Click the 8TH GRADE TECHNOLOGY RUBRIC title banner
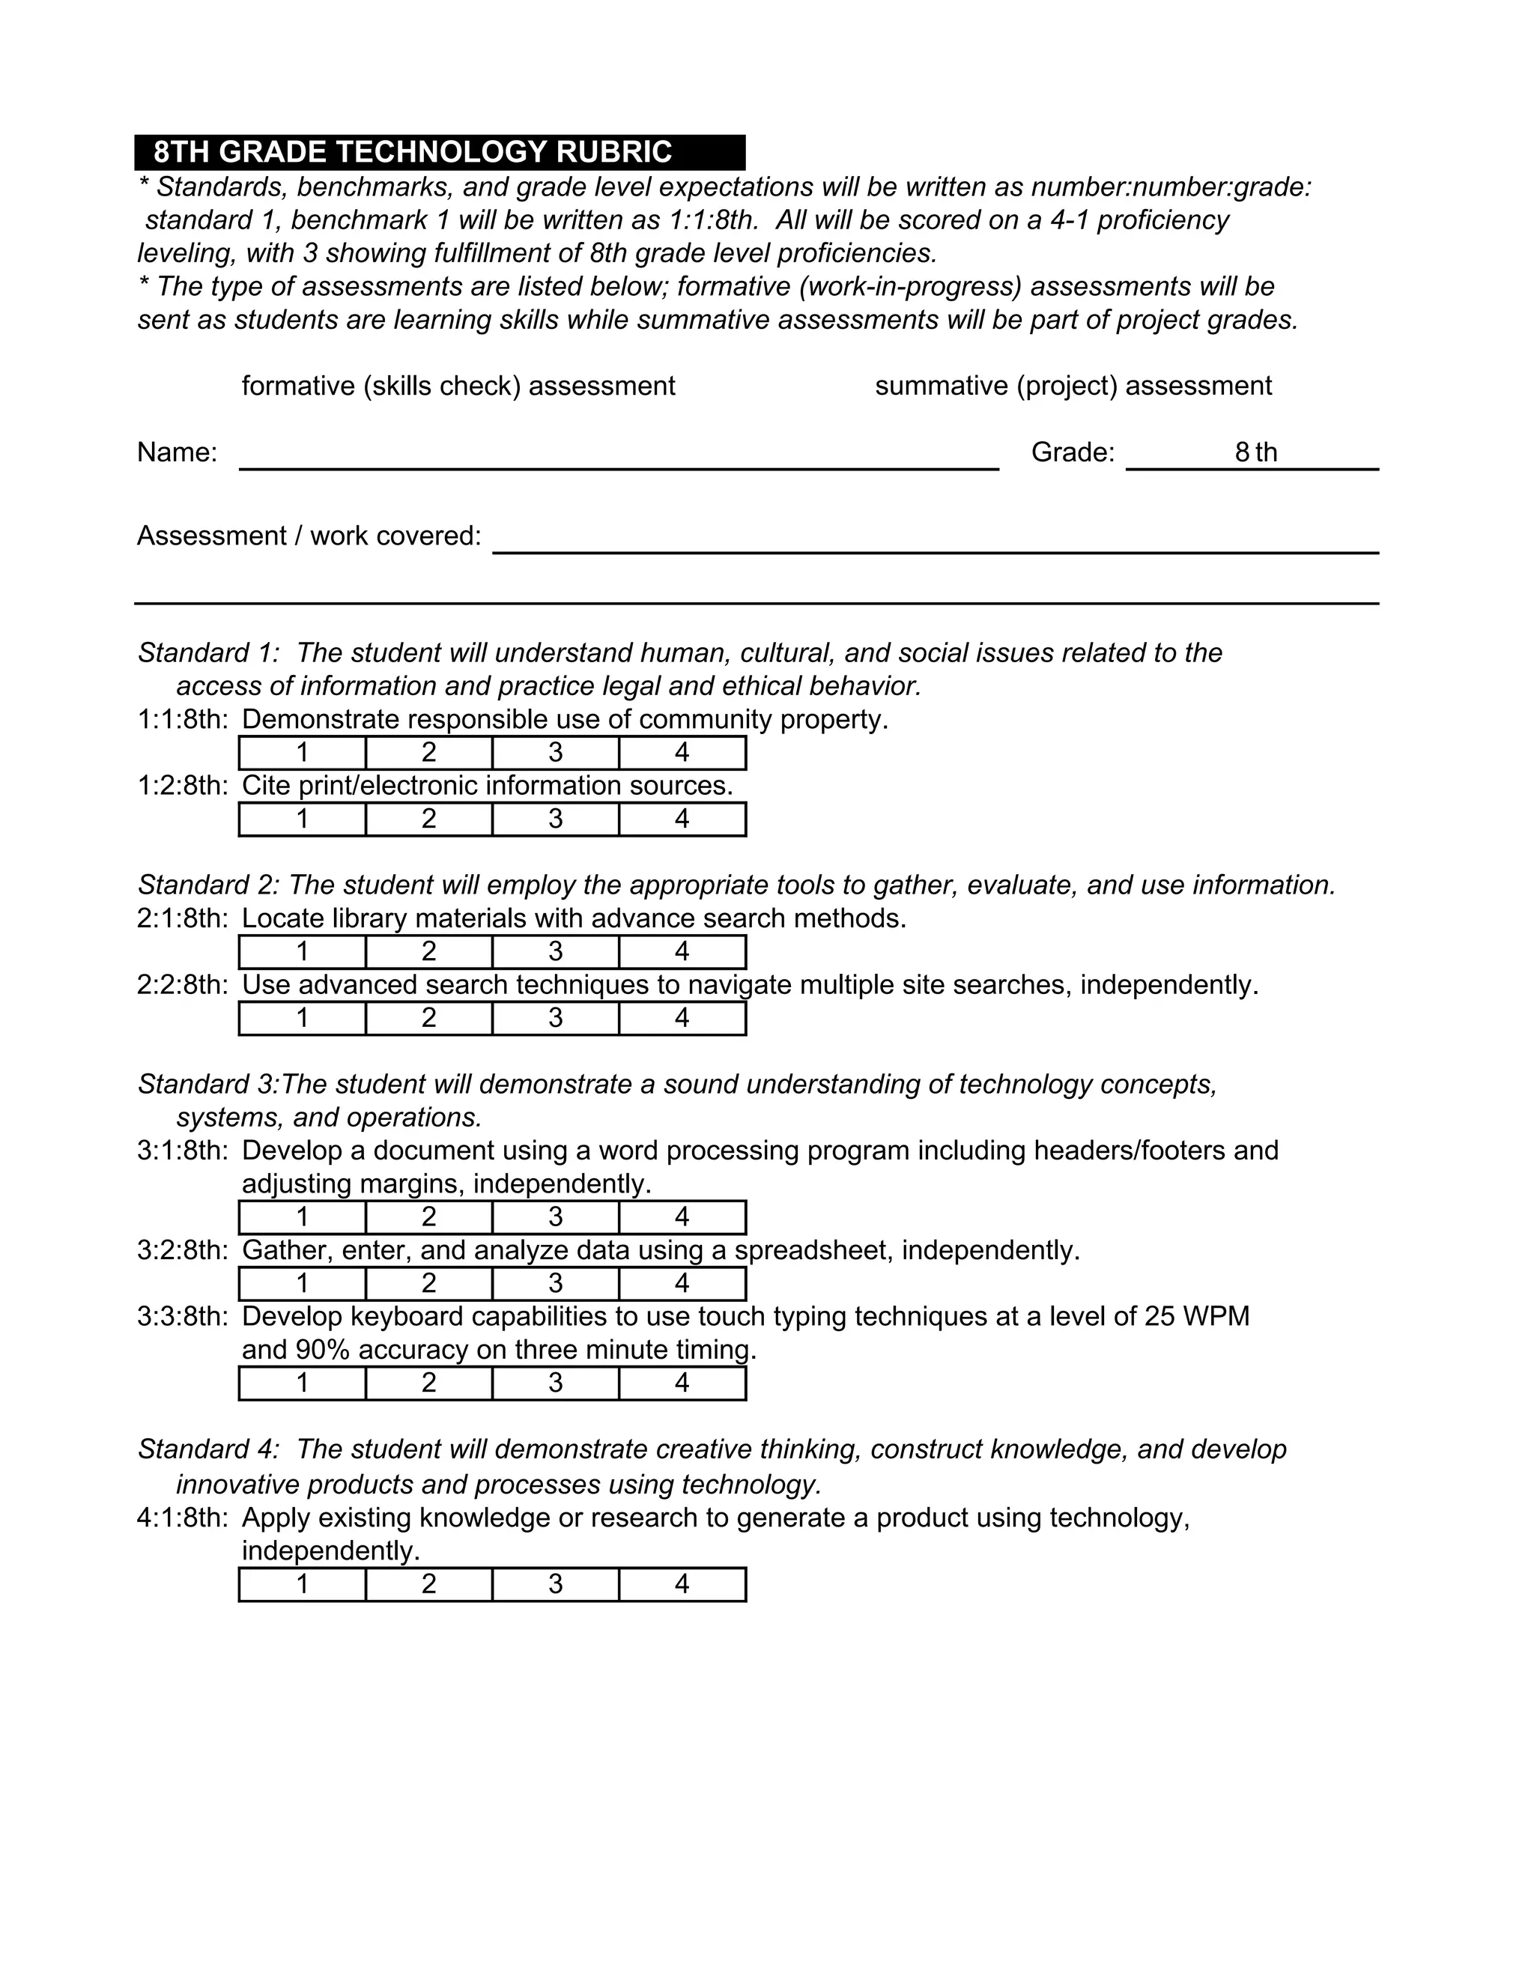[x=439, y=152]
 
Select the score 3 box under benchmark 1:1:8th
[x=555, y=753]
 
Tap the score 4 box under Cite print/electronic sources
[x=682, y=819]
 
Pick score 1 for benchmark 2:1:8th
[x=302, y=951]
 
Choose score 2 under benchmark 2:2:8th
[x=429, y=1018]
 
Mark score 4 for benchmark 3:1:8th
[x=682, y=1217]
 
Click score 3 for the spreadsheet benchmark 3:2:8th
[x=555, y=1283]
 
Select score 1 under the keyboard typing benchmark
[x=302, y=1384]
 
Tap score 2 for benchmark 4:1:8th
[x=429, y=1584]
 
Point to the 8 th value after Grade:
[x=1255, y=452]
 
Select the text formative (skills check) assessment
[x=458, y=387]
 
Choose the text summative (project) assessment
[x=1073, y=387]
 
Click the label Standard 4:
[x=208, y=1449]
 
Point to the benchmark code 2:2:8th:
[x=182, y=985]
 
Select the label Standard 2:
[x=208, y=885]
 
